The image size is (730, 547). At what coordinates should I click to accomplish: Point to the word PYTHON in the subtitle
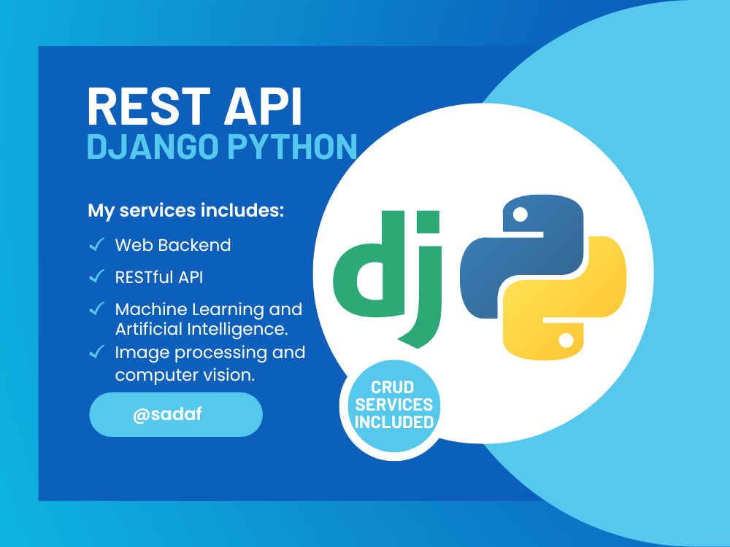click(291, 147)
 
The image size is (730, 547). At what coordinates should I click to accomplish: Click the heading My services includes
click(185, 211)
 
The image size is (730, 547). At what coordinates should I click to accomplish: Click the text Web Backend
click(173, 245)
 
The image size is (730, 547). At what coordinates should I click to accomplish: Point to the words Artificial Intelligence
click(201, 329)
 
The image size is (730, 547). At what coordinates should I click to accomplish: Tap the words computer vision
click(186, 375)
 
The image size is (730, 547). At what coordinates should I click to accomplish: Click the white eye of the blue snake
click(520, 214)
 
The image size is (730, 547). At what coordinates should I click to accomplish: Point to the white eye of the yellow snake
click(566, 340)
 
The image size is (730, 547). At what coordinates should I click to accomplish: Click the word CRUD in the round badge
click(393, 387)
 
